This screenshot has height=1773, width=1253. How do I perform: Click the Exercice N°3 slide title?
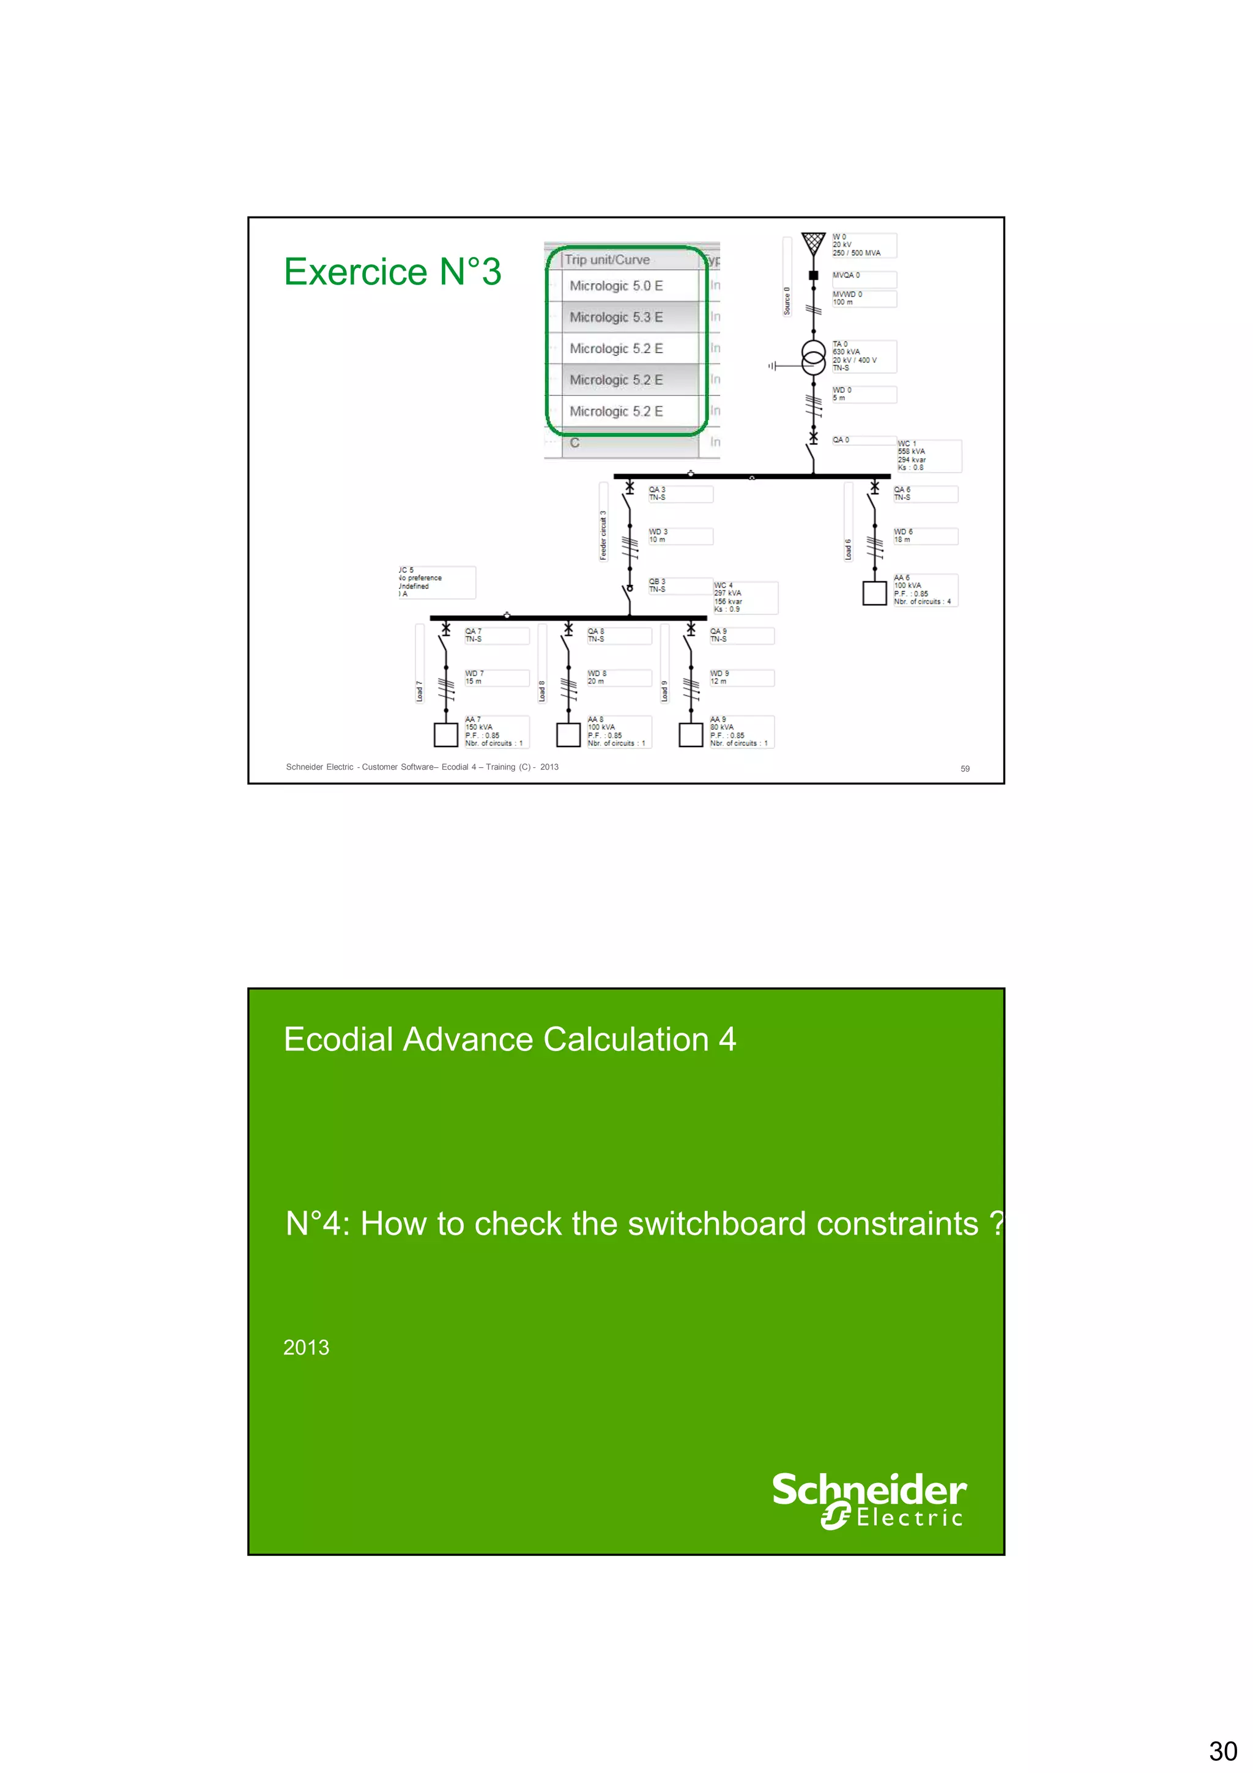(392, 272)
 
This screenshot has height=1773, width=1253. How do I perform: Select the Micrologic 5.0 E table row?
(615, 286)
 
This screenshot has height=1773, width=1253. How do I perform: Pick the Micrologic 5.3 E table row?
(615, 318)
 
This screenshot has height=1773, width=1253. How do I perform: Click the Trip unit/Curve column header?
(607, 260)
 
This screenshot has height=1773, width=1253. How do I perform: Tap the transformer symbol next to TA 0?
(813, 357)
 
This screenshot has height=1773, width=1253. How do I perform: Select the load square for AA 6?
(874, 593)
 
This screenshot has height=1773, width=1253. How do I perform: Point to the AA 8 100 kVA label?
(617, 731)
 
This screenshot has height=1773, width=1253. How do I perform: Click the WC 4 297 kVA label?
(743, 598)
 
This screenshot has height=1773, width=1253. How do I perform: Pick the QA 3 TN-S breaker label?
(679, 494)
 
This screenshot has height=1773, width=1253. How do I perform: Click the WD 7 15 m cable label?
(495, 677)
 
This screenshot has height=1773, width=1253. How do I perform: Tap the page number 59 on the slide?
(964, 768)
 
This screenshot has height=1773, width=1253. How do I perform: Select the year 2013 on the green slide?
(306, 1348)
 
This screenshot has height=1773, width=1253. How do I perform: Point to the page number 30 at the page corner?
(1222, 1750)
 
